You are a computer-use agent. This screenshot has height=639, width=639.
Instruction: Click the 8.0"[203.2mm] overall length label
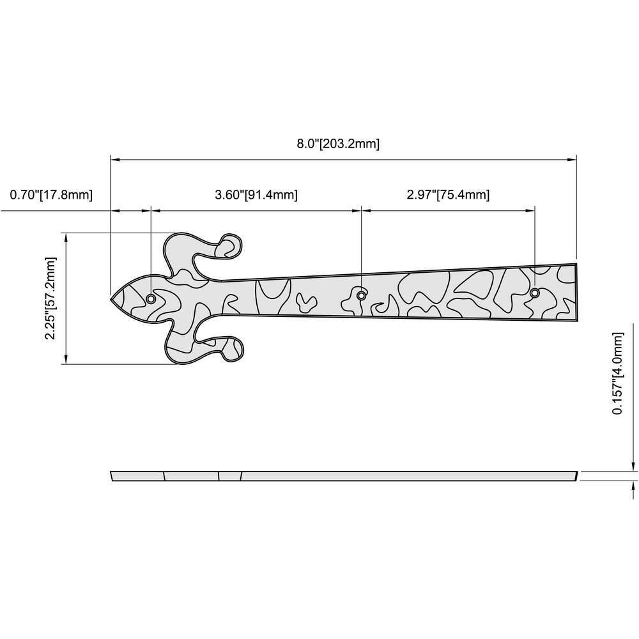coord(338,144)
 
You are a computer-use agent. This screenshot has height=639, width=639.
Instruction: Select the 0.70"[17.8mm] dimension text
coord(51,195)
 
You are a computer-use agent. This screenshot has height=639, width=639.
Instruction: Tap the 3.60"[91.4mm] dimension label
coord(256,195)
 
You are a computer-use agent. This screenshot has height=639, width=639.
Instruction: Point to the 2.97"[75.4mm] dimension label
coord(448,195)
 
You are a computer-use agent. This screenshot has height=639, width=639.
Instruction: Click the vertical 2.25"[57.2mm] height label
coord(50,298)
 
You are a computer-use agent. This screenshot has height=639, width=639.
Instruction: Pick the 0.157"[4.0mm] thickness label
coord(618,373)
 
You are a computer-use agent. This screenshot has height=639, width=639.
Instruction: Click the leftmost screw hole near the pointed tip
coord(151,298)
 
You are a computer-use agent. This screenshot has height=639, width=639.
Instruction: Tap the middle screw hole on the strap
coord(361,295)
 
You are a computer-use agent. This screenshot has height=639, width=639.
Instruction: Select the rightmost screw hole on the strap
coord(535,293)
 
